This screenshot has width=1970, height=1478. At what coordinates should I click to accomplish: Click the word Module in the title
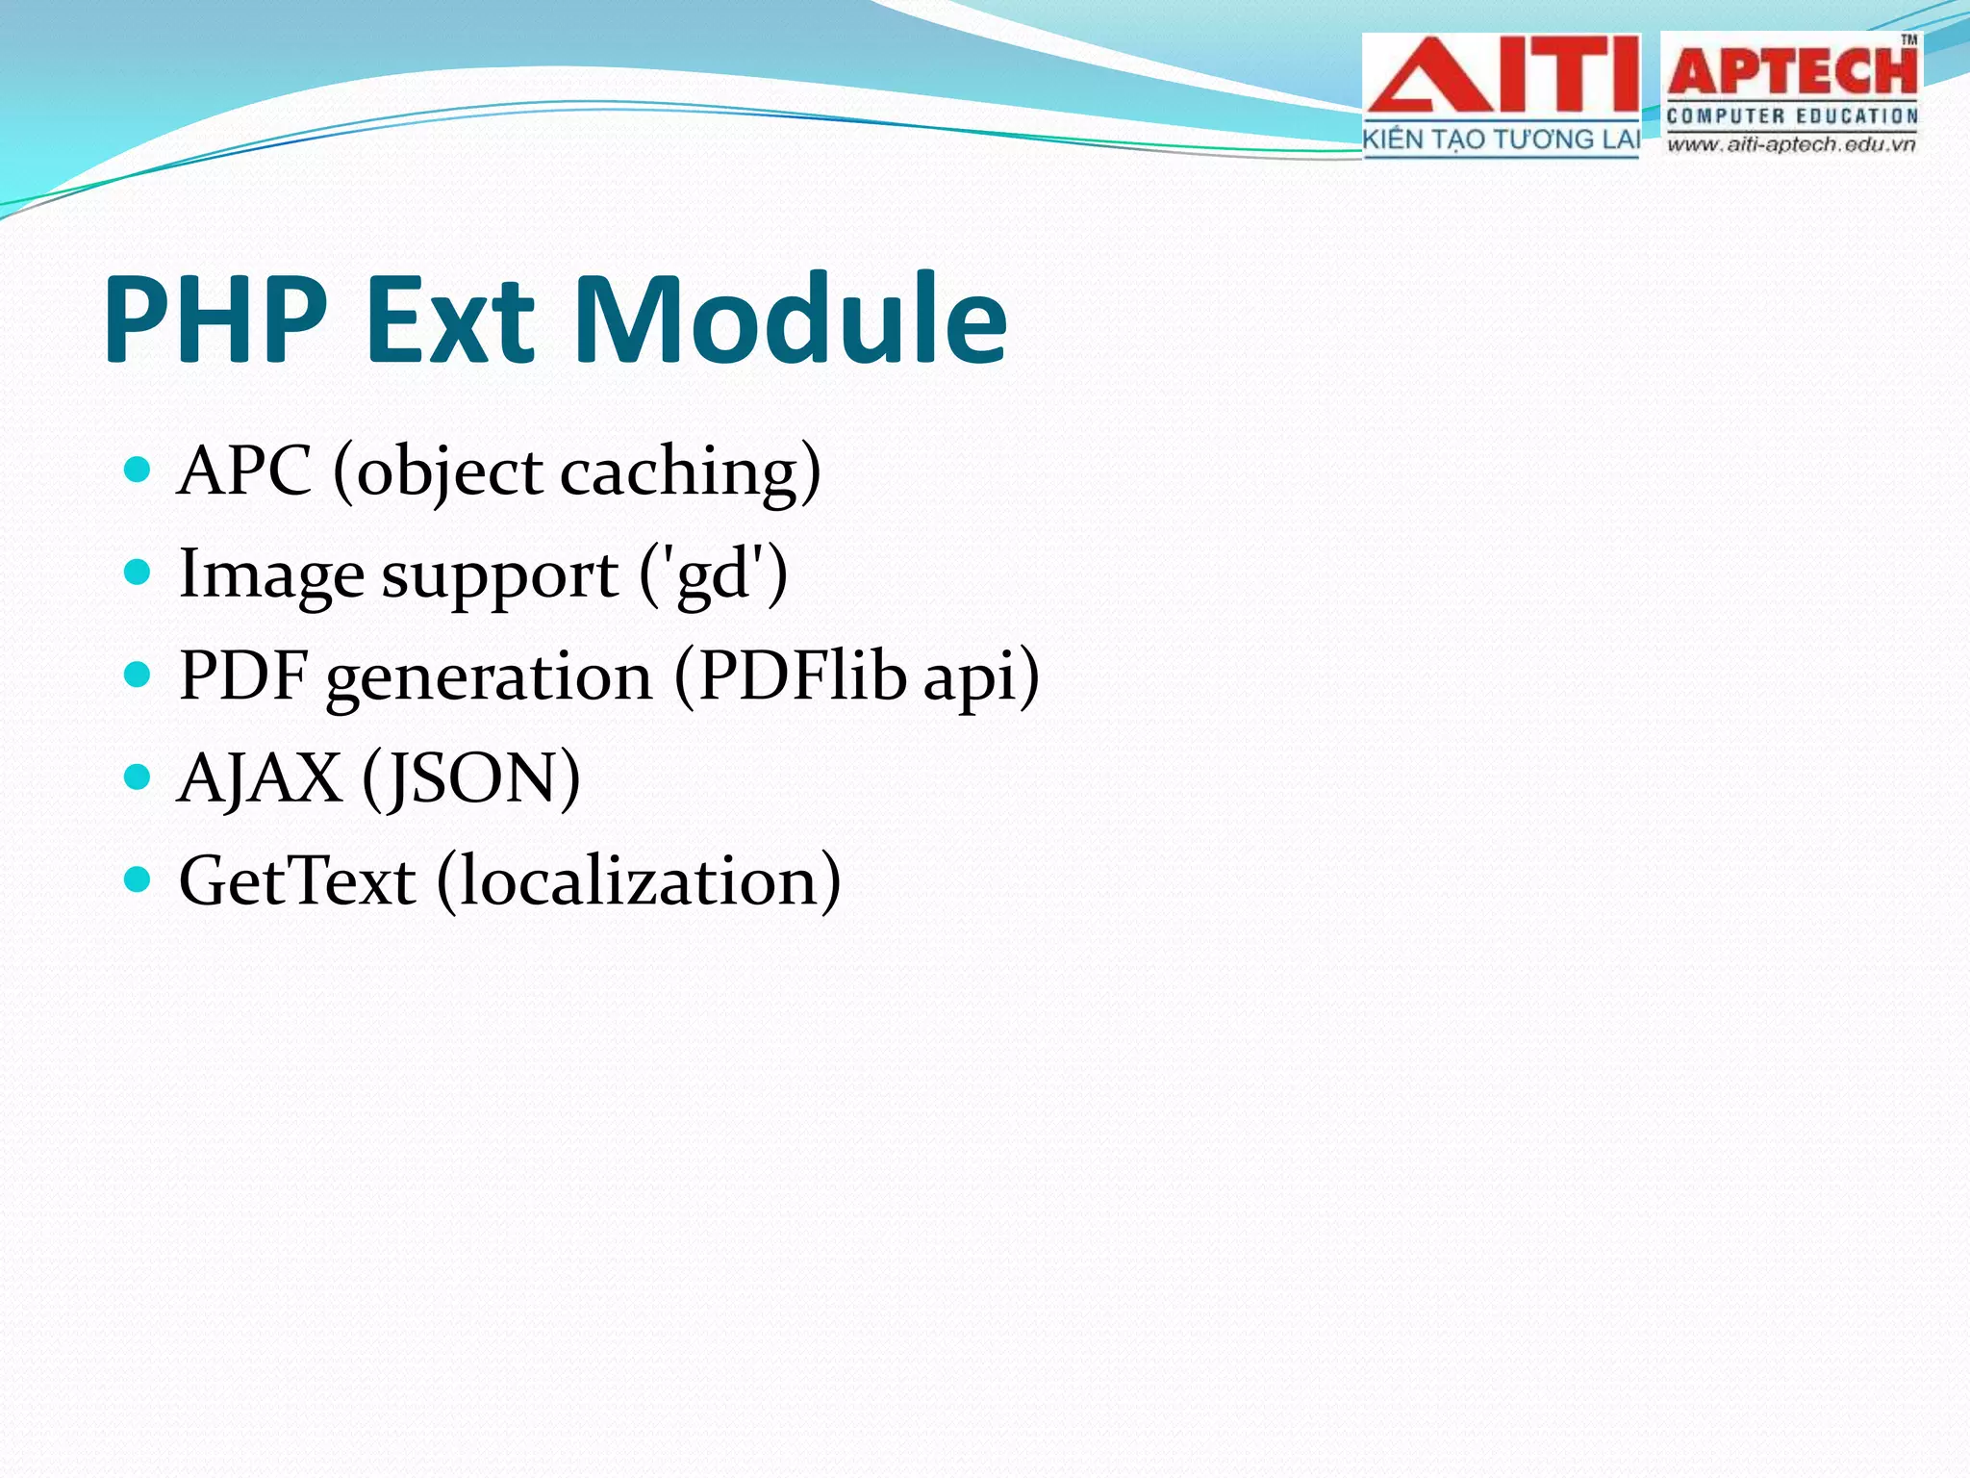pos(791,319)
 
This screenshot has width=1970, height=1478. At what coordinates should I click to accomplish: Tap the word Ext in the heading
pos(450,319)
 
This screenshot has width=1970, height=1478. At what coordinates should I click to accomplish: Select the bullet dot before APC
pos(139,470)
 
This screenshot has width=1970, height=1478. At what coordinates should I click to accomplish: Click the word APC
pos(245,471)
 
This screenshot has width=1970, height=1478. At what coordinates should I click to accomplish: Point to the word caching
pos(679,473)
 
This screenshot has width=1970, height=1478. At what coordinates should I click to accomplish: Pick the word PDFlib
pos(801,675)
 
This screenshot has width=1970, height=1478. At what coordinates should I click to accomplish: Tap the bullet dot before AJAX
pos(139,777)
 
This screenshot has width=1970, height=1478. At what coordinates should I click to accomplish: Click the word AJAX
pos(260,777)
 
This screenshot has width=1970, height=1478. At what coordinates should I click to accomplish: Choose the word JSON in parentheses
pos(471,777)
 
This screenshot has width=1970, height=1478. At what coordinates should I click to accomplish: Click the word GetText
pos(297,879)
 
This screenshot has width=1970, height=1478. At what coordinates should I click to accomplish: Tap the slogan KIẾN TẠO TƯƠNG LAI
pos(1501,140)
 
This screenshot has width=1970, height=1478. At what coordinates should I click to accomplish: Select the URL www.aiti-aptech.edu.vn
pos(1791,145)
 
